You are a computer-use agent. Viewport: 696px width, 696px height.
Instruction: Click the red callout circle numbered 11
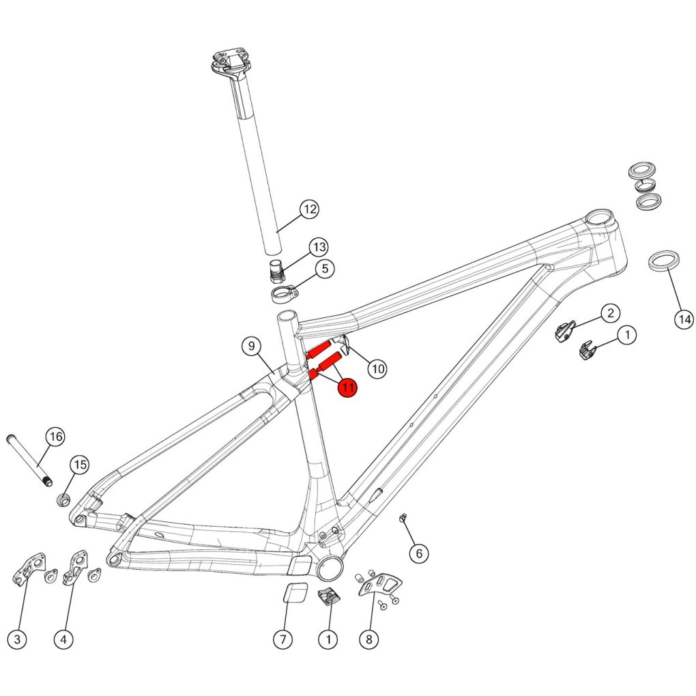[347, 388]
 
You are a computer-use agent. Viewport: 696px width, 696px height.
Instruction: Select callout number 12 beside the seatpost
[309, 209]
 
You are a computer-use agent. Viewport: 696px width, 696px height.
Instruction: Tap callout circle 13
[319, 247]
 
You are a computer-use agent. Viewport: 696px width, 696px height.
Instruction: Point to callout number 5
[325, 269]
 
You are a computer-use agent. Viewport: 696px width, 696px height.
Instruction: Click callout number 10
[377, 368]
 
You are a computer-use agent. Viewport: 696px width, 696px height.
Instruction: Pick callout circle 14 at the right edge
[684, 319]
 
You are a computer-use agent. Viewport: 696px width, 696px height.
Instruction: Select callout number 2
[610, 313]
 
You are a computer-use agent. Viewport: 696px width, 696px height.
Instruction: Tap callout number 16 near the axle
[56, 437]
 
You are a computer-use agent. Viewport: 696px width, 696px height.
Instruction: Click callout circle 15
[80, 465]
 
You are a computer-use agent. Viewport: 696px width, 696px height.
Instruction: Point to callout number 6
[418, 553]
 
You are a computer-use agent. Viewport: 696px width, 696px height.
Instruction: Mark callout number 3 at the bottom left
[17, 639]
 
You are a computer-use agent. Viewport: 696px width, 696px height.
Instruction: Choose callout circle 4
[63, 639]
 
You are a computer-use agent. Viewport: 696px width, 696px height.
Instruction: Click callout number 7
[282, 639]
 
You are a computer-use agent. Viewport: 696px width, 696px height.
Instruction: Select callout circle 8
[369, 639]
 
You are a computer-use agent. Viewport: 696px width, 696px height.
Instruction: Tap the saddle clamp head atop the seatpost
[229, 63]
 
